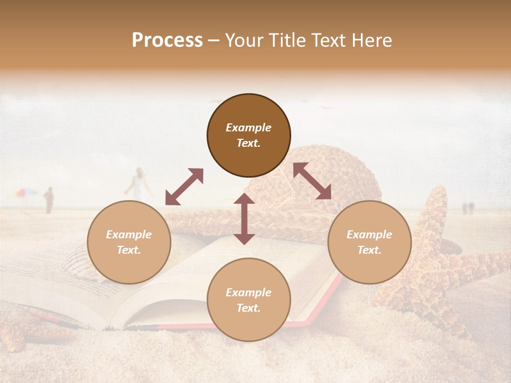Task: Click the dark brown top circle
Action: click(x=249, y=135)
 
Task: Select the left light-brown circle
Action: click(x=129, y=242)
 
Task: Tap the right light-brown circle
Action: click(x=369, y=242)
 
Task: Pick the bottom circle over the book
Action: click(x=249, y=300)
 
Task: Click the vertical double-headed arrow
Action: click(x=244, y=219)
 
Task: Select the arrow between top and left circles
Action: click(x=184, y=187)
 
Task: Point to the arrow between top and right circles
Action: click(x=312, y=181)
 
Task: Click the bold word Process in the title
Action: click(x=167, y=40)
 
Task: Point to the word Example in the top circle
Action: click(x=249, y=128)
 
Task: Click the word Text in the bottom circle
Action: click(x=249, y=308)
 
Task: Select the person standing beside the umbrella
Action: click(x=48, y=200)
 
